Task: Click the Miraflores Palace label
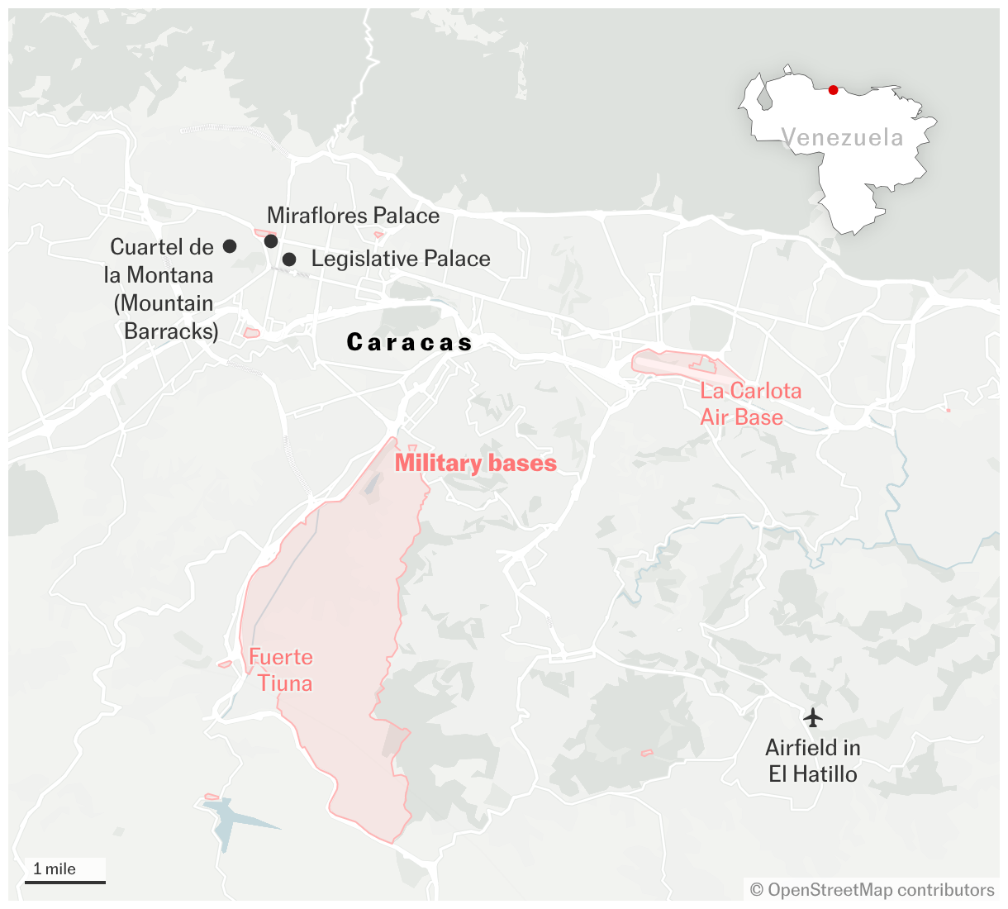coord(353,217)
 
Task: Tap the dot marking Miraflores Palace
coord(270,241)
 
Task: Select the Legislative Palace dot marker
coord(289,259)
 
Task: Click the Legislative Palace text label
coord(401,259)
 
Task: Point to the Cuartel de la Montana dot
coord(230,246)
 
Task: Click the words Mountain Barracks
coord(166,317)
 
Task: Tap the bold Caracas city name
coord(409,343)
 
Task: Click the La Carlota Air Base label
coord(749,403)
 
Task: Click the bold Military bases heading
coord(475,464)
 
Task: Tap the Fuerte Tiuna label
coord(282,670)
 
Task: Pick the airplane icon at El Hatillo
coord(813,716)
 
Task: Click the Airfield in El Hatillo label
coord(813,761)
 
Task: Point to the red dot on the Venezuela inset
coord(833,90)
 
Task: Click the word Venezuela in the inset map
coord(842,138)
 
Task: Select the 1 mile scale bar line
coord(65,882)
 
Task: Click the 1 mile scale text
coord(55,869)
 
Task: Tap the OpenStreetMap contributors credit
coord(872,890)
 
